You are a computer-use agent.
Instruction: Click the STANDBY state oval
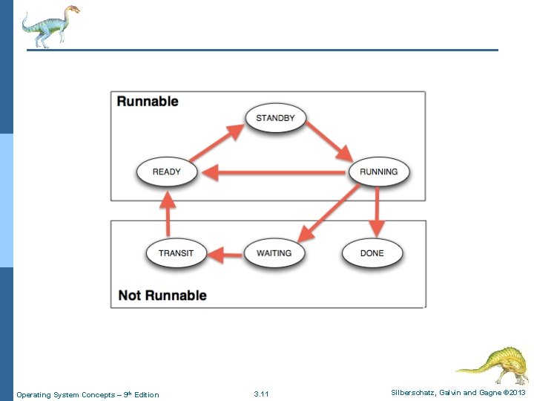click(275, 118)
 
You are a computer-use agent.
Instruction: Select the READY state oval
click(166, 172)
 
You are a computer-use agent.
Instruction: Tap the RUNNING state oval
click(378, 172)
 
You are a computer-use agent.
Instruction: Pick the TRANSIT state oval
click(176, 253)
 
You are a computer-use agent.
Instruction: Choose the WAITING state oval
click(274, 253)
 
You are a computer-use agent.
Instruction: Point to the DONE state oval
click(372, 253)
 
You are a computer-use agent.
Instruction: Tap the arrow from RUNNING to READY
click(274, 173)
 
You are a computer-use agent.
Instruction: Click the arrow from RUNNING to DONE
click(378, 211)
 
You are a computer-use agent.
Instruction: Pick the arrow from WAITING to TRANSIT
click(224, 255)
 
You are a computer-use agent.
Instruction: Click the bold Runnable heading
click(148, 101)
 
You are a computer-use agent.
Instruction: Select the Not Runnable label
click(162, 295)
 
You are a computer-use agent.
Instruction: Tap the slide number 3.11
click(261, 394)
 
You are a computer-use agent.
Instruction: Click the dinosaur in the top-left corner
click(50, 25)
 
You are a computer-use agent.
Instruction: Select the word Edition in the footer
click(146, 394)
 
